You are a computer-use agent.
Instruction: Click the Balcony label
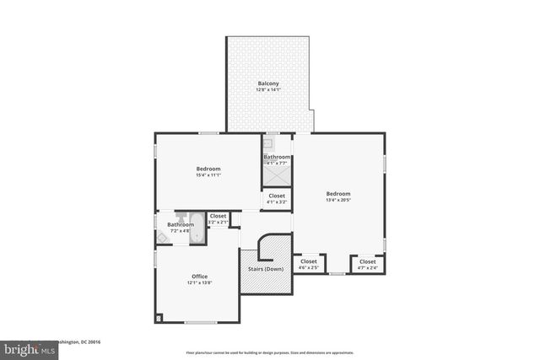point(268,83)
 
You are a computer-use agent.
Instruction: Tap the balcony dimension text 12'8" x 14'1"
point(268,89)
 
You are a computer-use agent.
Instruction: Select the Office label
point(199,277)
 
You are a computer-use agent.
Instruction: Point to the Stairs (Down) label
point(265,269)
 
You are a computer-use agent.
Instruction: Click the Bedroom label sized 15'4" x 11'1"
point(208,169)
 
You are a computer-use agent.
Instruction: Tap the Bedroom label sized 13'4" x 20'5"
point(337,193)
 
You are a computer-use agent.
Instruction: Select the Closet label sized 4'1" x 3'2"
point(277,196)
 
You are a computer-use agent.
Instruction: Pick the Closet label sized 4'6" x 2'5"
point(309,261)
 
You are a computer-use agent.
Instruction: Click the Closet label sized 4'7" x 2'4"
point(367,261)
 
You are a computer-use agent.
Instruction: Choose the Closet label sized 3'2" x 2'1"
point(218,216)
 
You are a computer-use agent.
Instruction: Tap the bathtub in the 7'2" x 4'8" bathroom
point(197,228)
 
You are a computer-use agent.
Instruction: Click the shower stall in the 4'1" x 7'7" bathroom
point(277,175)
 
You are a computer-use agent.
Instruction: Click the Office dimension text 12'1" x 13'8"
point(199,283)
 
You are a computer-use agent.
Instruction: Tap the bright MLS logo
point(25,348)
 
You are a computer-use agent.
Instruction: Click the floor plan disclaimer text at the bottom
point(270,353)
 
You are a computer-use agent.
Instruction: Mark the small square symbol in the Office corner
point(159,319)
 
